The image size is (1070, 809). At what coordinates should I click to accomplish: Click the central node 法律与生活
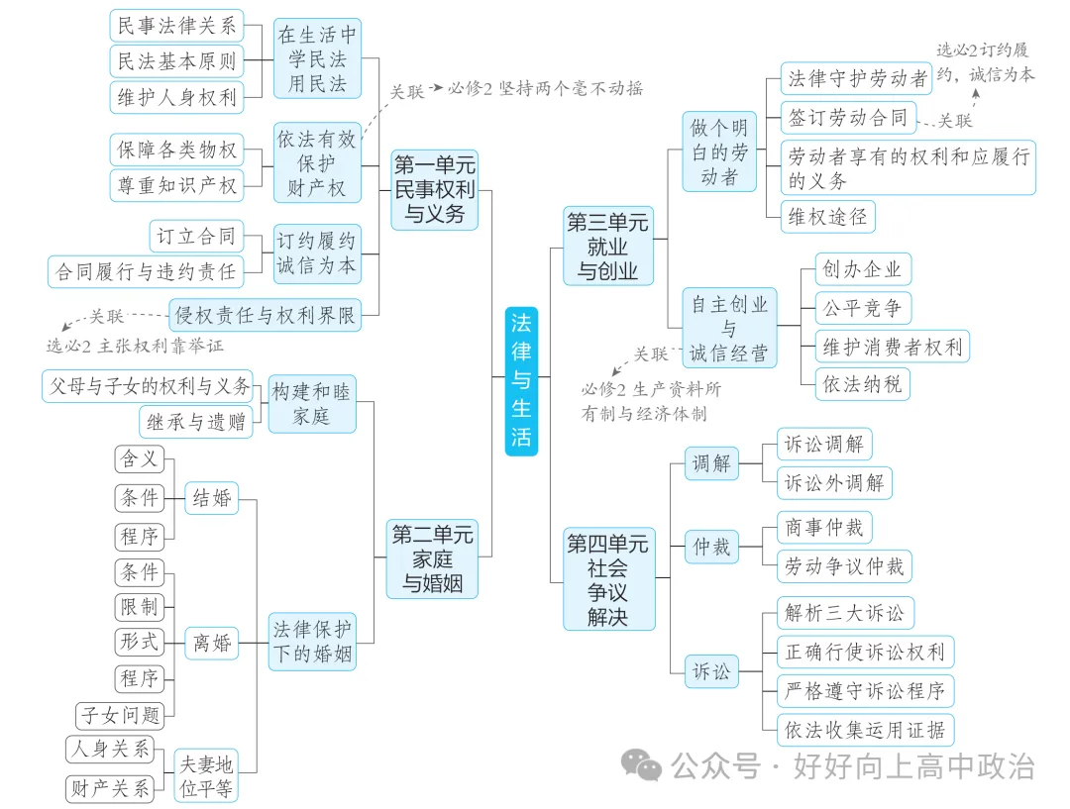(x=521, y=379)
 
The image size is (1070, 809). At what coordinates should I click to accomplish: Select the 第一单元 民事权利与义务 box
(x=434, y=188)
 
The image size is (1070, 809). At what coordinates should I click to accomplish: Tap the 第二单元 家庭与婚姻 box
(x=432, y=559)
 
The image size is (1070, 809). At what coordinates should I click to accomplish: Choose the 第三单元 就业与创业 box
(x=608, y=246)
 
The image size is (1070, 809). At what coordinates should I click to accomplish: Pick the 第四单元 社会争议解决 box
(x=608, y=579)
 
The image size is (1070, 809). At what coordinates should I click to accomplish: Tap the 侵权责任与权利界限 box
(x=265, y=315)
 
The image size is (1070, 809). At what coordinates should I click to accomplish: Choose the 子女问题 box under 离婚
(x=120, y=715)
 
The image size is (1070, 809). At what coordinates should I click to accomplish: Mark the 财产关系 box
(x=111, y=789)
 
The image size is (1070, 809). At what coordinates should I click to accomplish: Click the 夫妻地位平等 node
(x=205, y=775)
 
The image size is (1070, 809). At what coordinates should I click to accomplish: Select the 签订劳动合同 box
(x=847, y=118)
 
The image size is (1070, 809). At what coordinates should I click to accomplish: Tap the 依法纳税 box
(x=862, y=384)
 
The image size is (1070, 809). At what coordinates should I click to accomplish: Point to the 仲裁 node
(x=711, y=546)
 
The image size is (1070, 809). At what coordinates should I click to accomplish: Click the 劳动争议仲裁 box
(x=844, y=566)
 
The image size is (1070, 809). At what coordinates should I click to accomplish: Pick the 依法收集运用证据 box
(x=865, y=731)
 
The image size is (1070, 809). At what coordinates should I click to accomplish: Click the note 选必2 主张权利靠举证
(x=136, y=346)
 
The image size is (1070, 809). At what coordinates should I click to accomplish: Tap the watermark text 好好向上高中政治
(x=913, y=766)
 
